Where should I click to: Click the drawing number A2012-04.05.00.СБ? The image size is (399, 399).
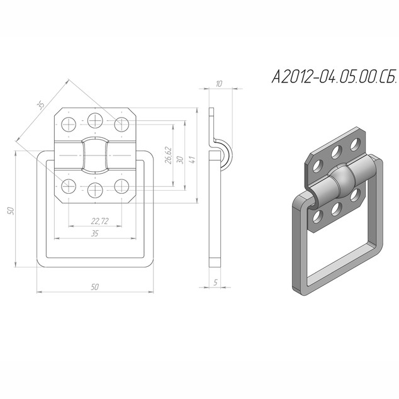(334, 76)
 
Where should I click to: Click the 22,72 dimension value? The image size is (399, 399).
(100, 221)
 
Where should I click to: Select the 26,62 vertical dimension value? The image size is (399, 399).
(168, 155)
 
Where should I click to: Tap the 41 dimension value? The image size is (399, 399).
(192, 160)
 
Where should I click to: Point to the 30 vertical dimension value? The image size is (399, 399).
(179, 160)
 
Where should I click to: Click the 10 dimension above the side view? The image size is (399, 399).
(219, 84)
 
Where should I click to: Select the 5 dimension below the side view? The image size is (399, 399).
(215, 282)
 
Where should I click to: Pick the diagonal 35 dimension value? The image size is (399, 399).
(40, 104)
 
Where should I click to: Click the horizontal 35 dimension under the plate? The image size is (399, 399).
(94, 233)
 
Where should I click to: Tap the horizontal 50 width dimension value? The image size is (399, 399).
(94, 287)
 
